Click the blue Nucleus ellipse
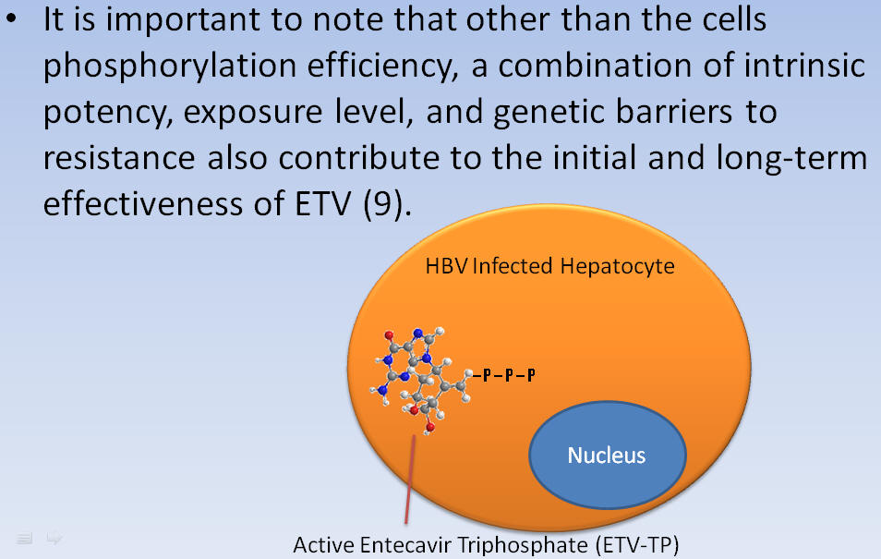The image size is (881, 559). coord(608,455)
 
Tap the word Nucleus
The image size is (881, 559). coord(606,455)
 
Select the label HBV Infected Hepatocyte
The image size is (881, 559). coord(549,267)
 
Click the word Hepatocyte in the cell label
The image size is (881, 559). coord(617,267)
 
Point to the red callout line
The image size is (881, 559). coord(410,480)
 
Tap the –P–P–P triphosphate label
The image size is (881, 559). coord(504,375)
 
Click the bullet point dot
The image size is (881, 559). coord(12,19)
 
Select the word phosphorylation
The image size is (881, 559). coord(170,67)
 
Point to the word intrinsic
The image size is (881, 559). coord(804,66)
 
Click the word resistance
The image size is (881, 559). coord(119,157)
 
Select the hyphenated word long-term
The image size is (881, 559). coord(791,158)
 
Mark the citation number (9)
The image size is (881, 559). coord(383,203)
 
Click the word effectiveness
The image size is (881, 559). coord(143,202)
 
